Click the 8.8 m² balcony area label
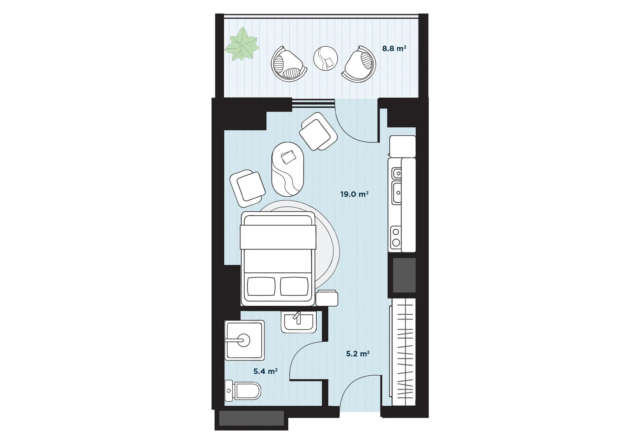[394, 48]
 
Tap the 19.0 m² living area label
[354, 194]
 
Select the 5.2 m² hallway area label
[358, 354]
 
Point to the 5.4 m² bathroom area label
[265, 371]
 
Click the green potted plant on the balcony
[242, 44]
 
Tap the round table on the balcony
[325, 58]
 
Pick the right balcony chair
[359, 64]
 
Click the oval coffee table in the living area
[288, 169]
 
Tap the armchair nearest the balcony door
[318, 131]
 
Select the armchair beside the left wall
[248, 188]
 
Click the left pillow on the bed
[261, 286]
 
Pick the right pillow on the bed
[294, 286]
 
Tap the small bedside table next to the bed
[327, 298]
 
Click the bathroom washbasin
[299, 321]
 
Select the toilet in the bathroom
[243, 390]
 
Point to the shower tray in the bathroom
[244, 340]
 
